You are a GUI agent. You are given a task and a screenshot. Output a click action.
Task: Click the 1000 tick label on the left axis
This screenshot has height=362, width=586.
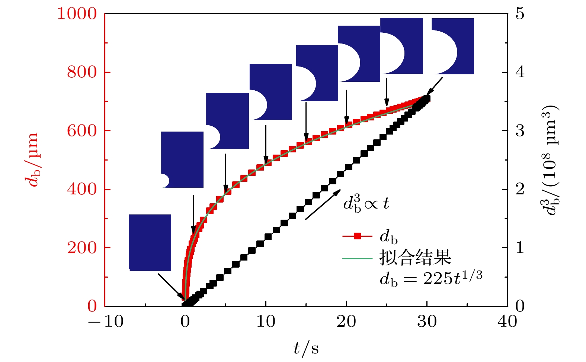(77, 14)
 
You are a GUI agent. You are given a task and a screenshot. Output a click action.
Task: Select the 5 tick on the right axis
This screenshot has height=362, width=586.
(520, 14)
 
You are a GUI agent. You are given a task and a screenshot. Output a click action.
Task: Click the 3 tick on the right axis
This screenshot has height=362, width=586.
(520, 131)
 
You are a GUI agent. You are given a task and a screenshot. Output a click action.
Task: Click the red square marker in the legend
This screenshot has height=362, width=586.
(357, 236)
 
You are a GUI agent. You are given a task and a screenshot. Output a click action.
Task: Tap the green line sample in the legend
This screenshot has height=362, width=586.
(357, 258)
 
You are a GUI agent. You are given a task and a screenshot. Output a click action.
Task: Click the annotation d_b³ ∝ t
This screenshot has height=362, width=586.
(366, 204)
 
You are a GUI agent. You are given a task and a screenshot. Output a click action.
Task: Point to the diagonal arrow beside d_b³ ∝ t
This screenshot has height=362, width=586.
(323, 204)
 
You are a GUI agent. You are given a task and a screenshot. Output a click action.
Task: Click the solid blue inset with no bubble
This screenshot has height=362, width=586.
(150, 242)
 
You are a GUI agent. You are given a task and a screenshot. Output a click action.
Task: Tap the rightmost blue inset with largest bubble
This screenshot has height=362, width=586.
(453, 46)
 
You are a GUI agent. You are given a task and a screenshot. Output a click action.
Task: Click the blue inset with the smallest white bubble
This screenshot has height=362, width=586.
(182, 159)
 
